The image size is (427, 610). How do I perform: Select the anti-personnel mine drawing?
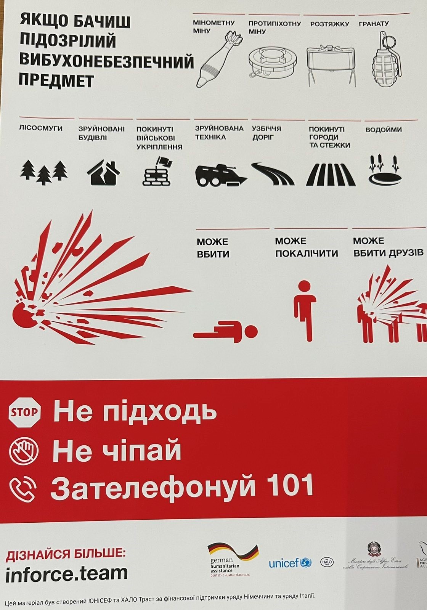[273, 63]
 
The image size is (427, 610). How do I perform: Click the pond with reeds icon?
[385, 170]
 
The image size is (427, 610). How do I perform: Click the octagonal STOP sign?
[24, 412]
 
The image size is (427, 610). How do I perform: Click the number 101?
[290, 486]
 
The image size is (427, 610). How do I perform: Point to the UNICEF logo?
[290, 563]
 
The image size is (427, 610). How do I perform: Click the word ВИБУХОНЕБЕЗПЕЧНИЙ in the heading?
[106, 61]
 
